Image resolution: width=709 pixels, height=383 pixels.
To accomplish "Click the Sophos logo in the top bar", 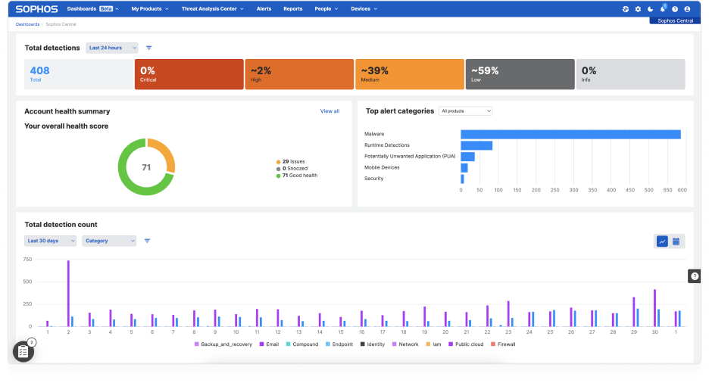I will point(36,9).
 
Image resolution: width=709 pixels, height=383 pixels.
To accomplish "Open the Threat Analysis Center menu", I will point(212,9).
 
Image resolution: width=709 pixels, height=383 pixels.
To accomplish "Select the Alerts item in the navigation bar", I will point(264,9).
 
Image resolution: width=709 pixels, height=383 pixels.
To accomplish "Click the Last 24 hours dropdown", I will point(111,48).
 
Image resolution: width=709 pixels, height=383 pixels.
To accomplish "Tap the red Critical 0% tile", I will point(189,74).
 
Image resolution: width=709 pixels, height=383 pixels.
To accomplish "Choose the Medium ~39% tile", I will point(409,74).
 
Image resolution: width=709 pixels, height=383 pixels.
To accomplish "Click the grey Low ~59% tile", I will point(520,74).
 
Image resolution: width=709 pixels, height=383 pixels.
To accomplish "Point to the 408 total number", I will point(39,71).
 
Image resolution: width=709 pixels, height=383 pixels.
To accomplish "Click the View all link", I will point(330,111).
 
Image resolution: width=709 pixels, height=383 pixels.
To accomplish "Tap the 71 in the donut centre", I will point(146,167).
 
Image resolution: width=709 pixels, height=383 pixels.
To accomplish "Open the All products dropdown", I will point(465,111).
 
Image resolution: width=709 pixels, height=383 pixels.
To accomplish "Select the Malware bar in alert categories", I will point(570,134).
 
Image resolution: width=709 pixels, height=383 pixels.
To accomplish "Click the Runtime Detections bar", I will point(476,145).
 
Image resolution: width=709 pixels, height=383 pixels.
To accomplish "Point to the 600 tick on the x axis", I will point(682,191).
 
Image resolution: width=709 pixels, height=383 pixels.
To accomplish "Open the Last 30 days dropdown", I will point(51,241).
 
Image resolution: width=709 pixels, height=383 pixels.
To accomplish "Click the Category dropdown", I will point(109,241).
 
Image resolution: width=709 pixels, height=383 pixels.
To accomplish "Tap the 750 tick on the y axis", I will point(27,260).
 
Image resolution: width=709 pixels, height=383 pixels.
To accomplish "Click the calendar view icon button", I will point(676,241).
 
